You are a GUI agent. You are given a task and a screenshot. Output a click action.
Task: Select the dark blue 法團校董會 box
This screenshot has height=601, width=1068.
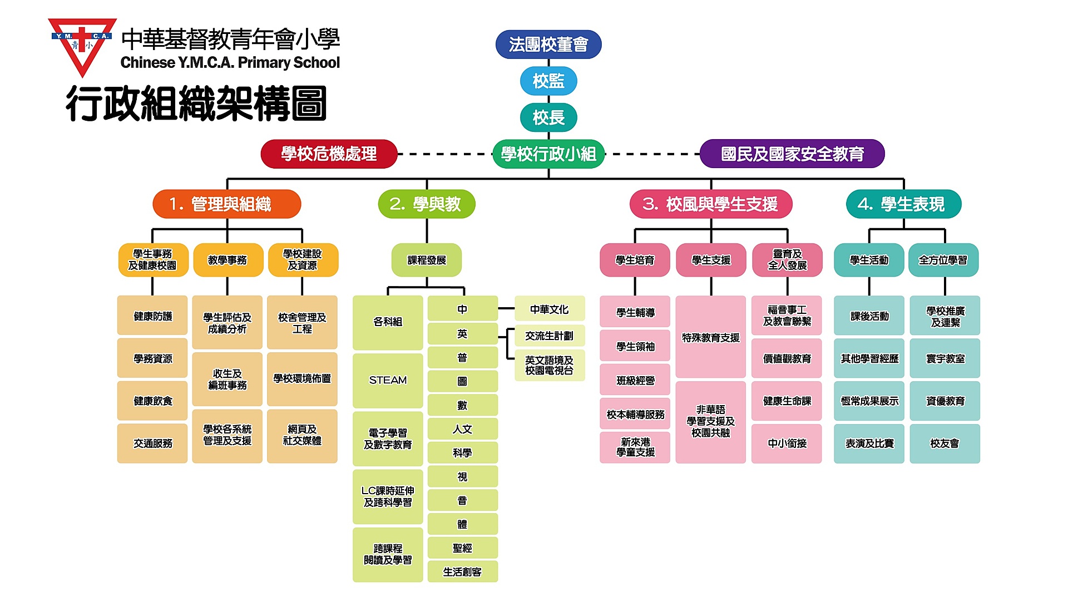pyautogui.click(x=548, y=45)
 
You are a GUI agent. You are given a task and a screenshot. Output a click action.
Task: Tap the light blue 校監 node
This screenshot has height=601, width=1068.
pyautogui.click(x=548, y=81)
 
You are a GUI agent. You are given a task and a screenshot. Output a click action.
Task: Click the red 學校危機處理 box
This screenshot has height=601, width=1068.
pyautogui.click(x=329, y=154)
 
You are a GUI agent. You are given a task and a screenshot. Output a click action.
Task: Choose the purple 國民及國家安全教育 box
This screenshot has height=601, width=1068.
pyautogui.click(x=792, y=154)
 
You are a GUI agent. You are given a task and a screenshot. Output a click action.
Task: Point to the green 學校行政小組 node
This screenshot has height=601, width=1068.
pyautogui.click(x=548, y=154)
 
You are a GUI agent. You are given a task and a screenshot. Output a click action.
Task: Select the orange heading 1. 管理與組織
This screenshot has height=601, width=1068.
pyautogui.click(x=227, y=204)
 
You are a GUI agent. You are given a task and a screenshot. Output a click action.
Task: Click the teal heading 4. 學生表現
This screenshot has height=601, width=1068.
pyautogui.click(x=904, y=204)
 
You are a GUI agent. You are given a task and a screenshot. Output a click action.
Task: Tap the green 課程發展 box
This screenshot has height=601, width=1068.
pyautogui.click(x=427, y=260)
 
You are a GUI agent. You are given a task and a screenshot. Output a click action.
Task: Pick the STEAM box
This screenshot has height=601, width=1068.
pyautogui.click(x=388, y=381)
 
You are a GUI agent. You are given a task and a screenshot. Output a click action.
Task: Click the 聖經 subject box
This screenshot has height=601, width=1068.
pyautogui.click(x=462, y=548)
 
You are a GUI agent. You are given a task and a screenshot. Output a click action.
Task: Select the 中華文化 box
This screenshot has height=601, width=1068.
pyautogui.click(x=550, y=309)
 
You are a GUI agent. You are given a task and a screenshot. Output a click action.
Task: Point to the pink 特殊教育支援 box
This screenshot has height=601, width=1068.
pyautogui.click(x=711, y=337)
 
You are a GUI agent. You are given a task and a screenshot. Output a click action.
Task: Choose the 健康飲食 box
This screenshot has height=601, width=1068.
pyautogui.click(x=152, y=401)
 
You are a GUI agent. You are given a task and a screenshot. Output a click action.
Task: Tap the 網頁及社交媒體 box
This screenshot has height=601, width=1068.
pyautogui.click(x=302, y=436)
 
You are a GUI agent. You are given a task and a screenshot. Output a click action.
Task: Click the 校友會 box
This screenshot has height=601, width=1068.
pyautogui.click(x=945, y=444)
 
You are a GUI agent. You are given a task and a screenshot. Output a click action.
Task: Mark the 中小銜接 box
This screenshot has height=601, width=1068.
pyautogui.click(x=787, y=444)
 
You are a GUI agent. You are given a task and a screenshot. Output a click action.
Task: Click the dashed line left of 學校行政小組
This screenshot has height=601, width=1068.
pyautogui.click(x=445, y=154)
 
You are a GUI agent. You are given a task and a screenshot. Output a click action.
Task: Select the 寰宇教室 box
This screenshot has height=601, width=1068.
pyautogui.click(x=945, y=358)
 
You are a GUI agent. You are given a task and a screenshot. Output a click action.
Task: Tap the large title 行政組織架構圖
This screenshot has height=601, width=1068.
pyautogui.click(x=196, y=104)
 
